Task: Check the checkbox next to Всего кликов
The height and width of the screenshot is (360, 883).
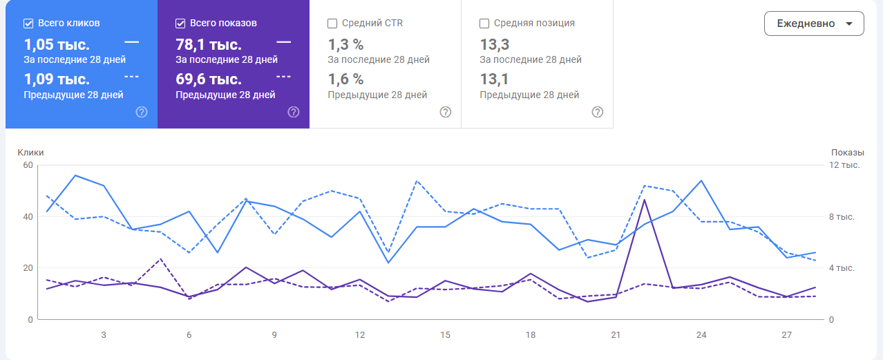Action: [29, 23]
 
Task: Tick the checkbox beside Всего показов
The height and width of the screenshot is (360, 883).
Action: [181, 23]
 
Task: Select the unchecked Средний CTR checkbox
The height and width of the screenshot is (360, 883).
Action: [332, 23]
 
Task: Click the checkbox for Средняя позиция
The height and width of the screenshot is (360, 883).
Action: [484, 23]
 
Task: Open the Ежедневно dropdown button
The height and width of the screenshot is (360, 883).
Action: [814, 23]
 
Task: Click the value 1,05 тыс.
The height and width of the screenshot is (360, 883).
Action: [57, 45]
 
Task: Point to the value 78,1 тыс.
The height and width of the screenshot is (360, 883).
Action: [209, 45]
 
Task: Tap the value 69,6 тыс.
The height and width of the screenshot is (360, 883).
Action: [209, 79]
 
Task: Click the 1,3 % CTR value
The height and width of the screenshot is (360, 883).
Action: [345, 45]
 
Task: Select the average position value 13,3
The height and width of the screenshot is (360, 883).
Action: [495, 45]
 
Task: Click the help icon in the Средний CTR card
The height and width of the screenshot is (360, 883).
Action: [446, 112]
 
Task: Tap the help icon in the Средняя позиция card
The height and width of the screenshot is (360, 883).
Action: [598, 112]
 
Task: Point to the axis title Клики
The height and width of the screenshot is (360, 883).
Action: [31, 152]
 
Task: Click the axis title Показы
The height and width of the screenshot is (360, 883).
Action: [847, 152]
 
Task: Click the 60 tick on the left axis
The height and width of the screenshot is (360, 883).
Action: [28, 164]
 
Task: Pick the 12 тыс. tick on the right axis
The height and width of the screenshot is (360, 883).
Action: [844, 164]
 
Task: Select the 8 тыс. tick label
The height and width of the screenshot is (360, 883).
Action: [842, 216]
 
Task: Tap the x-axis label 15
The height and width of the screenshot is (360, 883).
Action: [446, 335]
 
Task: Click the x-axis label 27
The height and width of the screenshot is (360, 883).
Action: [786, 335]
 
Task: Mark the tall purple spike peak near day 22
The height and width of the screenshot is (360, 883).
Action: [645, 200]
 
